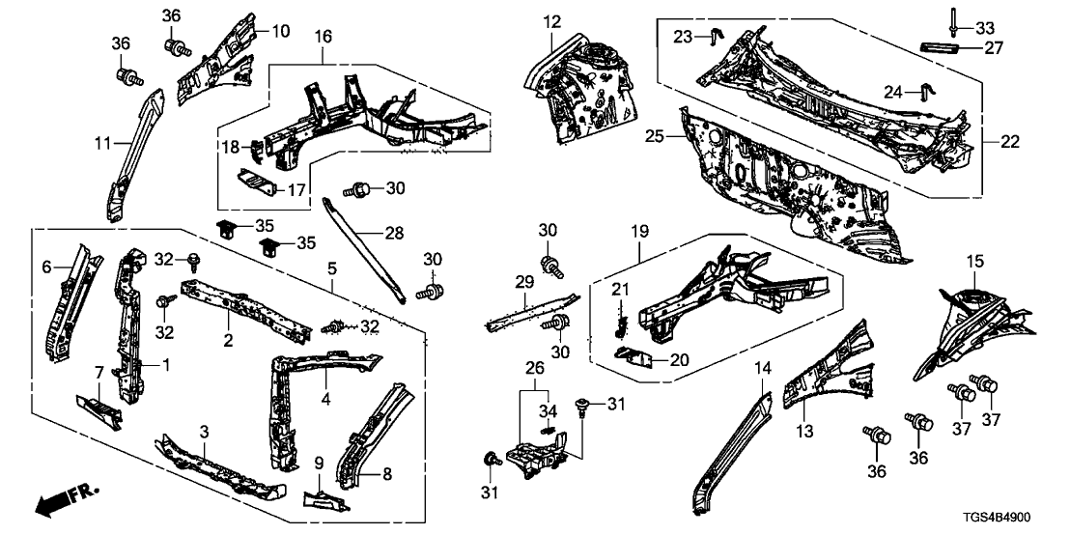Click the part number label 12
[x=550, y=21]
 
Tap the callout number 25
[x=654, y=138]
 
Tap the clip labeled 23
[x=715, y=36]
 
